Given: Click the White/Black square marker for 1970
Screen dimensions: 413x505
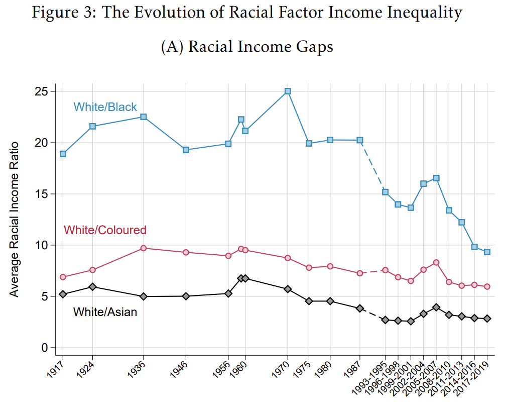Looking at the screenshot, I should (x=288, y=91).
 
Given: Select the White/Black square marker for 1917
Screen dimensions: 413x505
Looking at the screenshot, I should (x=63, y=154).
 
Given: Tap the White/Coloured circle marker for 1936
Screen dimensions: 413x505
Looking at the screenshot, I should (x=144, y=248).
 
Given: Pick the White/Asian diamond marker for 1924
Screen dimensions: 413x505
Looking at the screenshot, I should (x=92, y=287).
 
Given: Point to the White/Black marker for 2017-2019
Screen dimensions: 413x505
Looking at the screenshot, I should (x=487, y=252).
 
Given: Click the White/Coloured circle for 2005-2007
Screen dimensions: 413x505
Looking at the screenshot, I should (x=436, y=262).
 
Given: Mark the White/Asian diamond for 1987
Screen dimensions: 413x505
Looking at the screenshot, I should (x=360, y=308).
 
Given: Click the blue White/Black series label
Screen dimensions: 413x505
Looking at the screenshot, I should (x=105, y=107).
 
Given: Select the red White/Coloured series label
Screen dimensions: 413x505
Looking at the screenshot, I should (x=105, y=230).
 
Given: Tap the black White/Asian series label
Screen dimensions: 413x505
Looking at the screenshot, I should (x=105, y=312).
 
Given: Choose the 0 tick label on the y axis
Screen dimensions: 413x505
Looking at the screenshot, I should (x=45, y=348).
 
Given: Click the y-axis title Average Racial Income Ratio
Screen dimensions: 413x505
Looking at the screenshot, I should (x=15, y=219).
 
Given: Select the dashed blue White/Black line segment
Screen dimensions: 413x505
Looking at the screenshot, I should (x=372, y=166).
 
